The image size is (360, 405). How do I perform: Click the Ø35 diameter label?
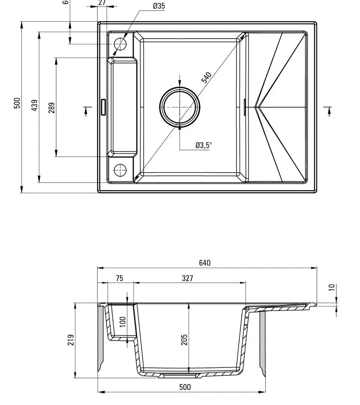pos(159,6)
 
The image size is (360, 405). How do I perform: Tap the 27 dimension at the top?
pos(102,3)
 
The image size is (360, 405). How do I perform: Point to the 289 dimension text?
pos(51,108)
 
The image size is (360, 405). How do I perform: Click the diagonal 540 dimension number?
pos(207,77)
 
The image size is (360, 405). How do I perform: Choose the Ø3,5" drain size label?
pos(204,145)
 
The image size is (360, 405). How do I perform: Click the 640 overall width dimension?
pos(205,263)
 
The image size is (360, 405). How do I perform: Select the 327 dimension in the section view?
pos(187,278)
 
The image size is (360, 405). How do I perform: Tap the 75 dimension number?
pos(119,278)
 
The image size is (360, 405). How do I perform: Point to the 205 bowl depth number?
pos(184,340)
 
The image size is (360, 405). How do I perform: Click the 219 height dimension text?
pos(71,340)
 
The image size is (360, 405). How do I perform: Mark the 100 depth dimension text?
pos(123,321)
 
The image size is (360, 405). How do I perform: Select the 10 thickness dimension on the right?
pos(331,287)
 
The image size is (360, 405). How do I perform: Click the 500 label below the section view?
pos(185,387)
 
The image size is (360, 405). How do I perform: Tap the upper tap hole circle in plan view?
pos(120,44)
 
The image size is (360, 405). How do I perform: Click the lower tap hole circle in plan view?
pos(120,170)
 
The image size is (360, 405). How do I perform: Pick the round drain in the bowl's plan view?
pos(180,107)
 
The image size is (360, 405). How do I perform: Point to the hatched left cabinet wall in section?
pos(102,337)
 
